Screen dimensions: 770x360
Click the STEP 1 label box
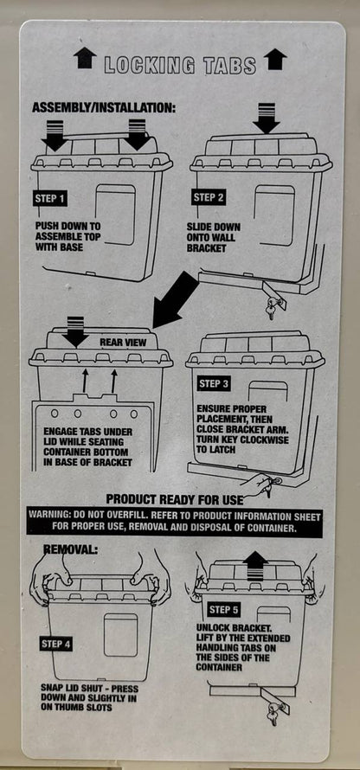(x=49, y=198)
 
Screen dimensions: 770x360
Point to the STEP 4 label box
(x=57, y=644)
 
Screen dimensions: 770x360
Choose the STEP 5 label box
(x=224, y=609)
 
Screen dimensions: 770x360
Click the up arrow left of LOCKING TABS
(x=85, y=59)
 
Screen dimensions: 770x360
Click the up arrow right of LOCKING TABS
(x=275, y=59)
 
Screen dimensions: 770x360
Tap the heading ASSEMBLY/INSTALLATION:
(x=103, y=108)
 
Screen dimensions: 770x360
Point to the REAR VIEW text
(x=122, y=342)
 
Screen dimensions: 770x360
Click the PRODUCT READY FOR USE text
(x=173, y=499)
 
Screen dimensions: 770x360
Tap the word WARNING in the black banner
(x=53, y=514)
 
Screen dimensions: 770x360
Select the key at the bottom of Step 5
(x=275, y=712)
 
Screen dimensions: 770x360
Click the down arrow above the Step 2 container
(x=266, y=117)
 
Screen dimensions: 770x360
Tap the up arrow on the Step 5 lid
(x=254, y=565)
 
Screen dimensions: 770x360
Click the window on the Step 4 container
(x=121, y=634)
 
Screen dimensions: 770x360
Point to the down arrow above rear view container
(x=76, y=331)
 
